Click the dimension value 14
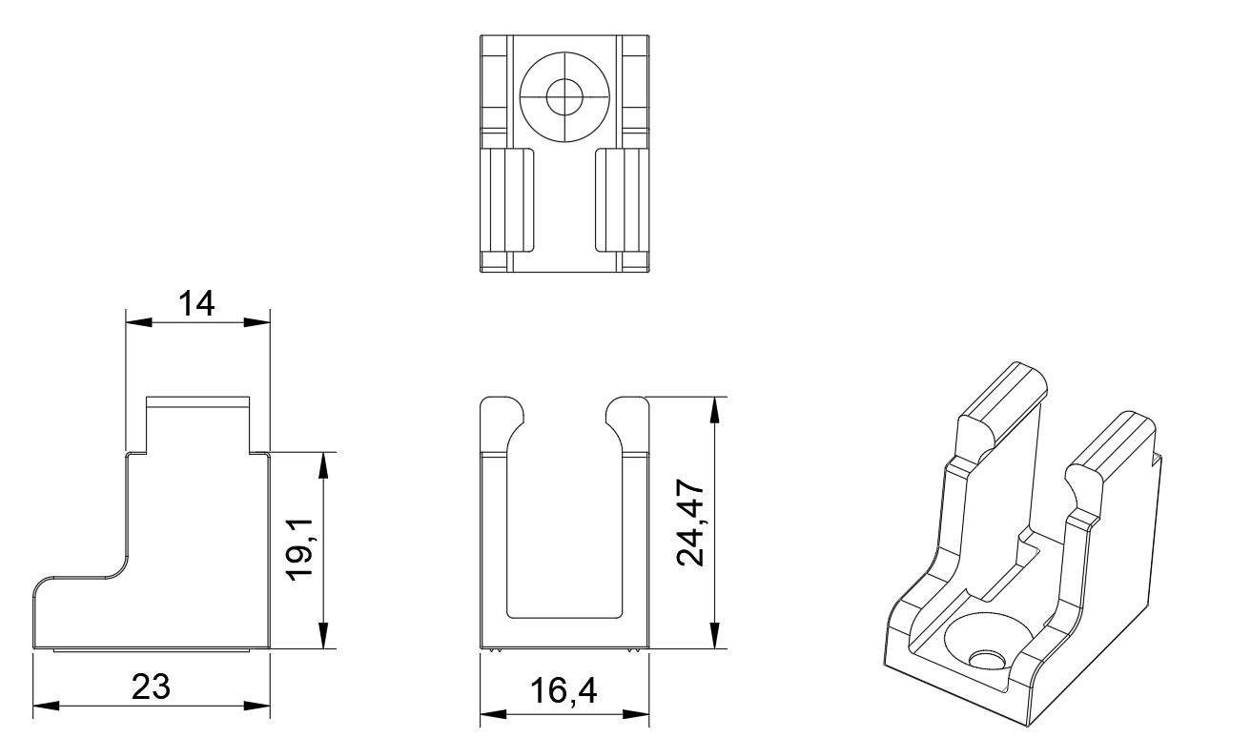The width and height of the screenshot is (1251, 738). pyautogui.click(x=196, y=304)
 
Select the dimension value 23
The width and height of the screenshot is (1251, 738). pyautogui.click(x=151, y=687)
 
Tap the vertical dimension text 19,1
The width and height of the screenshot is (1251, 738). pyautogui.click(x=301, y=549)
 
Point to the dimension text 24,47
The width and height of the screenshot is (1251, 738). pyautogui.click(x=691, y=523)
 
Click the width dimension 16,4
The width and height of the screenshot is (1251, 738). pyautogui.click(x=563, y=690)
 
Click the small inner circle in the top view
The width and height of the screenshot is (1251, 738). pyautogui.click(x=564, y=96)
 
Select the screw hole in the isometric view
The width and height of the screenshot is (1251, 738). pyautogui.click(x=987, y=660)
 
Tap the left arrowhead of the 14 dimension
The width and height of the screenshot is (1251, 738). pyautogui.click(x=139, y=322)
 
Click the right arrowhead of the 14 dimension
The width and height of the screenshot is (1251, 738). pyautogui.click(x=256, y=322)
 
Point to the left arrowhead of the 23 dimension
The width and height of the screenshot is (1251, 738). pyautogui.click(x=47, y=706)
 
